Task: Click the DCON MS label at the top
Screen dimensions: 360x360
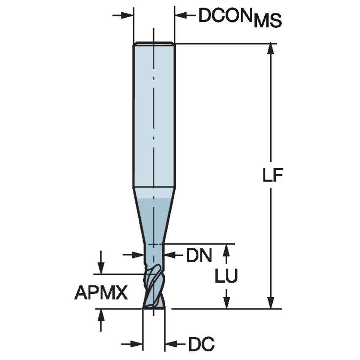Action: click(x=240, y=17)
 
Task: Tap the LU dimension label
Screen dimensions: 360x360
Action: click(x=226, y=277)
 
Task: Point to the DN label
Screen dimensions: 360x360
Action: click(x=199, y=255)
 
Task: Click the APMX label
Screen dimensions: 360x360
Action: click(x=101, y=292)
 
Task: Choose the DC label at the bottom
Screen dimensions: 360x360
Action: click(x=201, y=344)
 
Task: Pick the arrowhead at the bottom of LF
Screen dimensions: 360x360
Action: click(x=270, y=303)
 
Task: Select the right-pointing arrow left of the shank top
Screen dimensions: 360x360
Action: click(x=126, y=16)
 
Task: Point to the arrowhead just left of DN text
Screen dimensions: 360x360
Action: click(x=170, y=255)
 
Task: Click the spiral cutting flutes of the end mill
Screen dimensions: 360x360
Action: click(x=153, y=287)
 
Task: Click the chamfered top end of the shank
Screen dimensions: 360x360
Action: click(x=154, y=43)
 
